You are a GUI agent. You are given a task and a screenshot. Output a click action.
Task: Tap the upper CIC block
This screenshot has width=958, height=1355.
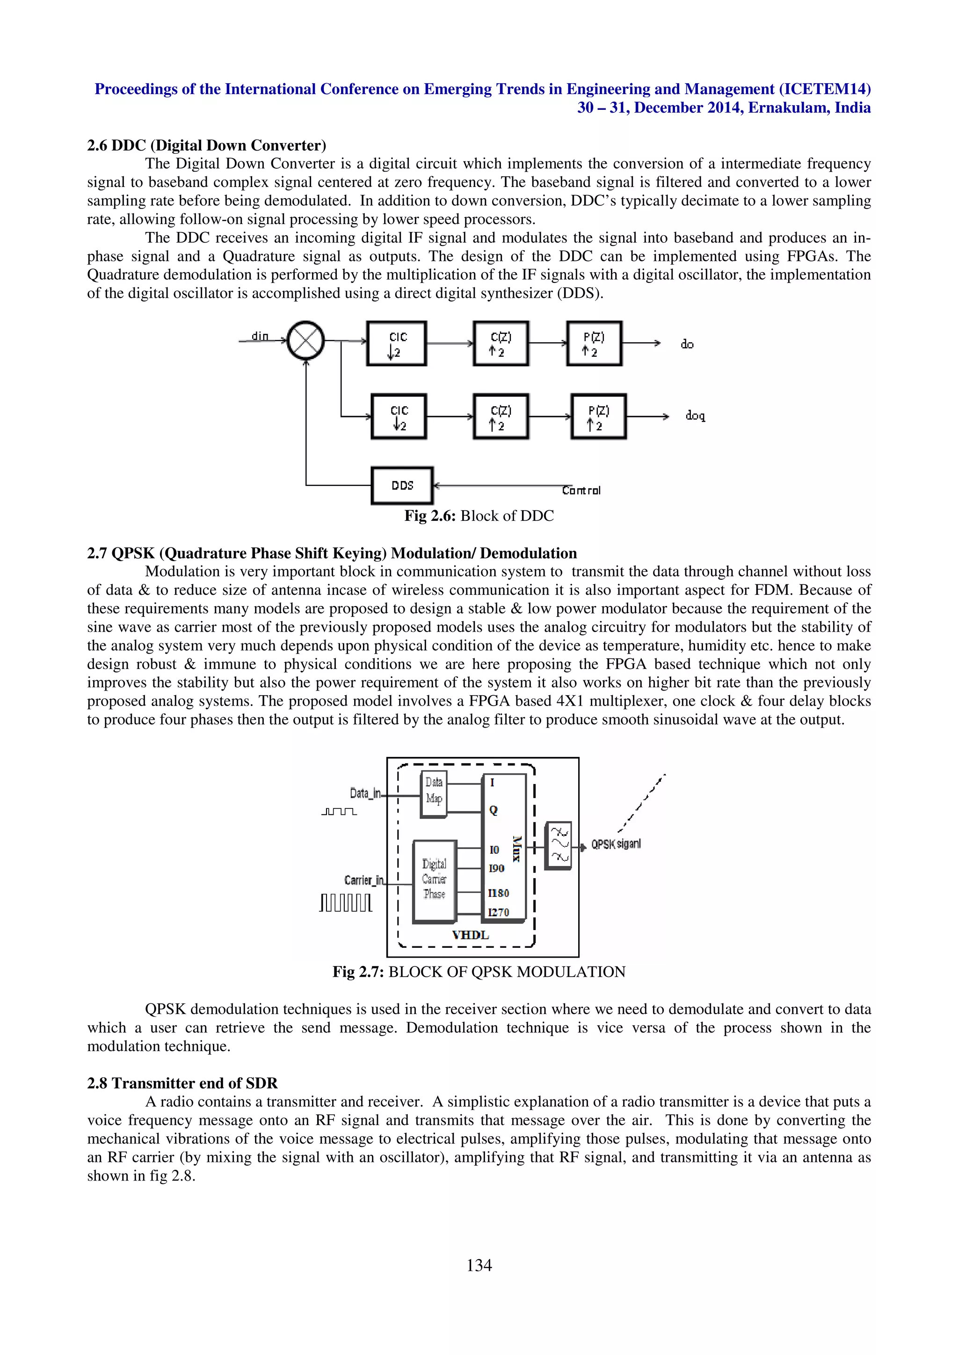pyautogui.click(x=397, y=344)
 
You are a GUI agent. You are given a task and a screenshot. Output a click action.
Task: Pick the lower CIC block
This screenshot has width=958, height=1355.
pyautogui.click(x=399, y=417)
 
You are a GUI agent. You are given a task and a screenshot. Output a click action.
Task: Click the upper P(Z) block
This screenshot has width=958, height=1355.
pyautogui.click(x=594, y=344)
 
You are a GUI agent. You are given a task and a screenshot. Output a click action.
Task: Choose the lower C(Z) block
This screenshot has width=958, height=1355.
pyautogui.click(x=501, y=417)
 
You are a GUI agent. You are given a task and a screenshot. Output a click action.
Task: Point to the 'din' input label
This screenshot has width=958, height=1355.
pyautogui.click(x=260, y=336)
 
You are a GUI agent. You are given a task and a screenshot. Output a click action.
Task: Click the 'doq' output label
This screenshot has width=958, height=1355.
pyautogui.click(x=695, y=416)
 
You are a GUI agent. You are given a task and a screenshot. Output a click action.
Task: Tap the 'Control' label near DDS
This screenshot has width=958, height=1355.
pyautogui.click(x=581, y=490)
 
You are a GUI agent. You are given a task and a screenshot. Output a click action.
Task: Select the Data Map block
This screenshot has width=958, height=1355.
pyautogui.click(x=434, y=794)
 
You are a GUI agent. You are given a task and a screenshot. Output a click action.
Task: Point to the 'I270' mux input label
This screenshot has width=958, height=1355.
pyautogui.click(x=498, y=912)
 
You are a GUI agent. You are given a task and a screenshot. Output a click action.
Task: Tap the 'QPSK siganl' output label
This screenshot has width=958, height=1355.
pyautogui.click(x=616, y=844)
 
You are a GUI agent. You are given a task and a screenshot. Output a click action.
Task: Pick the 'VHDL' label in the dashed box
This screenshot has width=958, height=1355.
pyautogui.click(x=471, y=935)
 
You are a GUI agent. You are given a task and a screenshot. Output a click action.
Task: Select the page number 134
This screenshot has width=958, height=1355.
pyautogui.click(x=479, y=1265)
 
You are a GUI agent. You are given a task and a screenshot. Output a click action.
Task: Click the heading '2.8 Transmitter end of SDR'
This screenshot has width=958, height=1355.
pyautogui.click(x=182, y=1083)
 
